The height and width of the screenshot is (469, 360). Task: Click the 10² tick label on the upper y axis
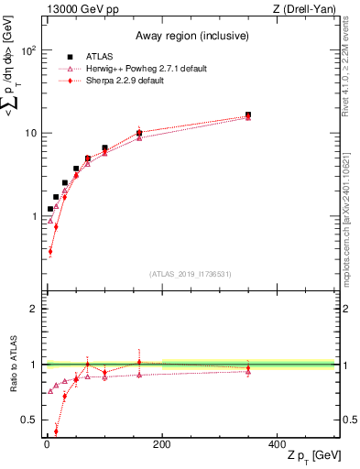[28, 50]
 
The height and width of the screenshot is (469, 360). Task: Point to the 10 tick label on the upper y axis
[30, 133]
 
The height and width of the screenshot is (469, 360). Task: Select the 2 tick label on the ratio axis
[34, 309]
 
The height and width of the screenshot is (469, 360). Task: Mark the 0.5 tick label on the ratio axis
[30, 420]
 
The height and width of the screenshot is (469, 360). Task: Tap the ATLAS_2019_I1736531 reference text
[191, 274]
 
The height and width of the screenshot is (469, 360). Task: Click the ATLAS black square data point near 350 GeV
[248, 115]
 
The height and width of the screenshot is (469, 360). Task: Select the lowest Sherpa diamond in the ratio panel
[56, 431]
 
